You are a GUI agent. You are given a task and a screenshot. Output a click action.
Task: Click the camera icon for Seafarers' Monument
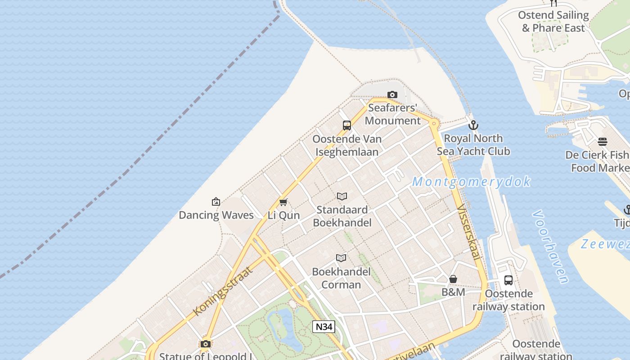pos(392,94)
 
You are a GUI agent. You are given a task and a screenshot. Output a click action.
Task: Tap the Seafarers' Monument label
pos(392,114)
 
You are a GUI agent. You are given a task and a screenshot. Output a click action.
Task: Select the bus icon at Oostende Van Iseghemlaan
pos(346,126)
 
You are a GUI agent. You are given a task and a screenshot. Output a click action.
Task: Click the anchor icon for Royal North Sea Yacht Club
pos(473,125)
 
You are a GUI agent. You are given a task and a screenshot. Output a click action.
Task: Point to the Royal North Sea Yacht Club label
pos(473,144)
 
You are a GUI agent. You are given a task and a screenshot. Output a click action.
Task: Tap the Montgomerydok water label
pos(471,182)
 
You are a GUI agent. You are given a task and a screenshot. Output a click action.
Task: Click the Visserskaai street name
pos(468,232)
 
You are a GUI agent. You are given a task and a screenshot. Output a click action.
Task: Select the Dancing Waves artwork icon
pos(216,202)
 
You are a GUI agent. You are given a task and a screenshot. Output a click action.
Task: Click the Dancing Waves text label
pos(216,215)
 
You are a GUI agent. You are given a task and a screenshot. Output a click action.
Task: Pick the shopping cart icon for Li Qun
pos(283,202)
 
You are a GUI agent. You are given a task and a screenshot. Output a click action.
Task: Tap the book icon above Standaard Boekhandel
pos(342,196)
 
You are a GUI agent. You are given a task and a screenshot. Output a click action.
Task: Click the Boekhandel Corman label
pos(341,278)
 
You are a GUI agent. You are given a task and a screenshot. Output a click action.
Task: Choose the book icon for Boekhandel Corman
pos(341,258)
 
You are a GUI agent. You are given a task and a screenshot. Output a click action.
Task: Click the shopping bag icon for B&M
pos(453,279)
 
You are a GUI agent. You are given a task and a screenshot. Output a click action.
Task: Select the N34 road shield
pos(324,327)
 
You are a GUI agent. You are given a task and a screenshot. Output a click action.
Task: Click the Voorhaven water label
pos(550,247)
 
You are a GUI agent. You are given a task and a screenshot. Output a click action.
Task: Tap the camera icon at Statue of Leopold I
pos(206,344)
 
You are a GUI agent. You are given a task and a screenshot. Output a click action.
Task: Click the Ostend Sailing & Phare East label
pos(553,21)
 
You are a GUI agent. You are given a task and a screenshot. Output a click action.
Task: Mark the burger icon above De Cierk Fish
pos(603,142)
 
